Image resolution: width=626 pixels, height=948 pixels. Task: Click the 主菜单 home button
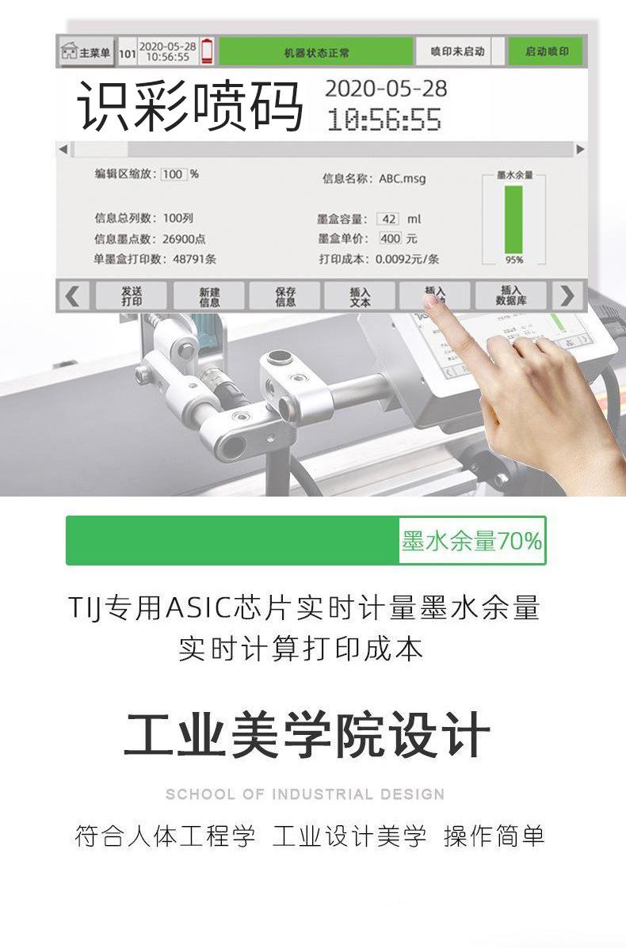(86, 53)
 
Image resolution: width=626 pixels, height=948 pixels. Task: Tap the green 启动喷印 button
(546, 52)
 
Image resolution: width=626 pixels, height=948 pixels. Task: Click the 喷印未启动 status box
(456, 52)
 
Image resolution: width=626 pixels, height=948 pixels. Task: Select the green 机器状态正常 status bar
(315, 53)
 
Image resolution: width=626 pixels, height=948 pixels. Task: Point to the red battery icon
(207, 51)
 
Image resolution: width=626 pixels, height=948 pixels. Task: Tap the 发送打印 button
(132, 296)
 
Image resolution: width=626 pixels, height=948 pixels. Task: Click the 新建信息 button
(209, 296)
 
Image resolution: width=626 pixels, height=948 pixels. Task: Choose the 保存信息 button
(285, 296)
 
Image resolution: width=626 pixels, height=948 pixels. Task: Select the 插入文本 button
(360, 296)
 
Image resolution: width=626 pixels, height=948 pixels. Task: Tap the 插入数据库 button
(510, 296)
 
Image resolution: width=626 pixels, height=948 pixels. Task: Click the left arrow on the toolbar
(73, 296)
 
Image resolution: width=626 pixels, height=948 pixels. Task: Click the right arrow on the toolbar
(567, 296)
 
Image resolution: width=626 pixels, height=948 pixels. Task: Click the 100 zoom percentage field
(173, 174)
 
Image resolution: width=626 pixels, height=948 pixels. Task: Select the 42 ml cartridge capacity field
(388, 219)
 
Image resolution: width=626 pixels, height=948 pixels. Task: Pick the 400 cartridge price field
(390, 238)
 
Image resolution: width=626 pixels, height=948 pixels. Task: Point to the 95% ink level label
(514, 260)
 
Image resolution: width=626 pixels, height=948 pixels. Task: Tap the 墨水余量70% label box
(471, 541)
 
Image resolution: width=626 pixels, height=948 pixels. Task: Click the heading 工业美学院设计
(307, 736)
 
